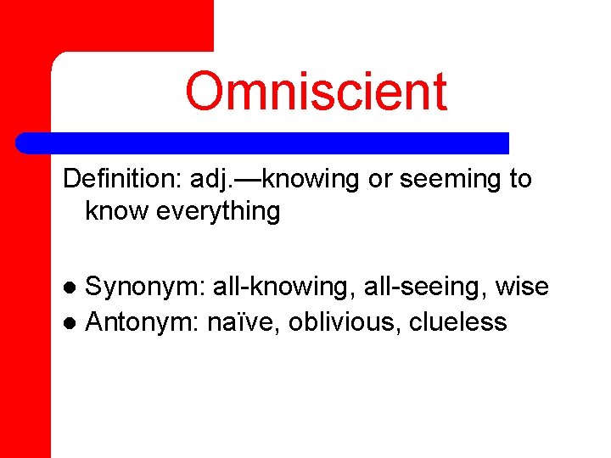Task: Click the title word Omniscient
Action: (316, 92)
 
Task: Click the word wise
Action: (522, 288)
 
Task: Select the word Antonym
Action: (143, 322)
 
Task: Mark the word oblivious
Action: (345, 322)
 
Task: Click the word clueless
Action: (458, 322)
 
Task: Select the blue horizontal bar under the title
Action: (263, 142)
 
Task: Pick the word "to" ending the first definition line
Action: (519, 180)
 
